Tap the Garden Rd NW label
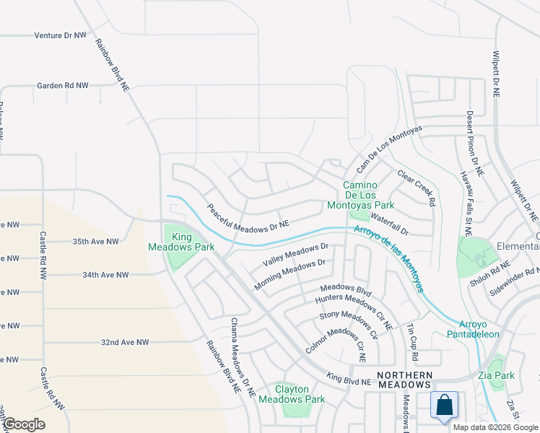(63, 85)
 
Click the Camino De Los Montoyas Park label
(369, 196)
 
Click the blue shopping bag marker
(444, 405)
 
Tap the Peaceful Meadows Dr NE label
(248, 216)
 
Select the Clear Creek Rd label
(418, 189)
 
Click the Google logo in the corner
(24, 424)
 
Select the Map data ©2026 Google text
(495, 427)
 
